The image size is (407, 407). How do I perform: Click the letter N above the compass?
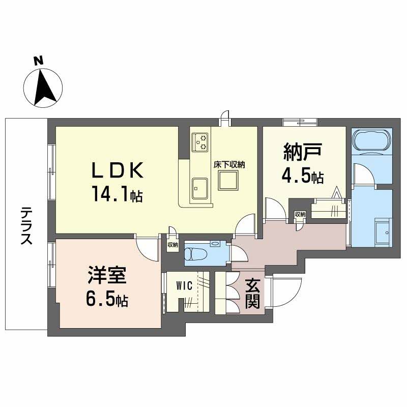pyautogui.click(x=39, y=61)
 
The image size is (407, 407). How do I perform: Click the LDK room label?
pyautogui.click(x=118, y=170)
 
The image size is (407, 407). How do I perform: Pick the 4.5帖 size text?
pyautogui.click(x=302, y=176)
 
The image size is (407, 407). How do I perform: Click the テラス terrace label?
pyautogui.click(x=26, y=226)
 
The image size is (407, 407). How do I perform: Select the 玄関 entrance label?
pyautogui.click(x=252, y=294)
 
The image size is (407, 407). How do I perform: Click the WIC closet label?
pyautogui.click(x=184, y=286)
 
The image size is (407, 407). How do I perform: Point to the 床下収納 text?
pyautogui.click(x=229, y=165)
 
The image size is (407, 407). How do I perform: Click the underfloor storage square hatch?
pyautogui.click(x=228, y=180)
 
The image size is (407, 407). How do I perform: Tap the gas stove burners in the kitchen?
pyautogui.click(x=200, y=142)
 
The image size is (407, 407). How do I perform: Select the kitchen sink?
pyautogui.click(x=199, y=188)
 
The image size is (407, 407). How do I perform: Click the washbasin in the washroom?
pyautogui.click(x=383, y=232)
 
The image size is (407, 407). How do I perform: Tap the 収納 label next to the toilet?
pyautogui.click(x=172, y=245)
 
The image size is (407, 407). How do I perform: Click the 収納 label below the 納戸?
pyautogui.click(x=300, y=214)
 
